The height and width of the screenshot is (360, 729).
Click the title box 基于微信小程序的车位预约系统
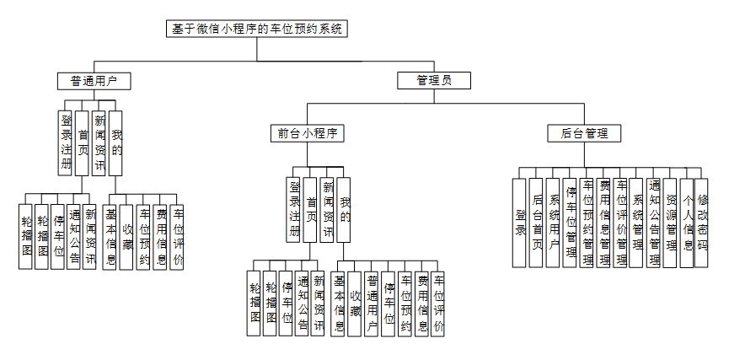tap(257, 29)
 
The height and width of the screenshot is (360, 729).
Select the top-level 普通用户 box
tap(94, 81)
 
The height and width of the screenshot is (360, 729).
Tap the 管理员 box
tap(433, 81)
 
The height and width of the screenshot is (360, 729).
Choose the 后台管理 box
tap(584, 133)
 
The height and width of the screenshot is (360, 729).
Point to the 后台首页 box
tap(537, 223)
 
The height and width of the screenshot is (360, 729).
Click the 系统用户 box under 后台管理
tap(554, 223)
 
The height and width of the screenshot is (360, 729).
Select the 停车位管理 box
tap(571, 223)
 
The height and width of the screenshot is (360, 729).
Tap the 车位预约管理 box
tap(587, 223)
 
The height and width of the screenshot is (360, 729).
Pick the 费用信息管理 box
tap(603, 223)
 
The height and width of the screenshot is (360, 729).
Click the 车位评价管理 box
tap(620, 223)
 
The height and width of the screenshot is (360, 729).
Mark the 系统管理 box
tap(637, 223)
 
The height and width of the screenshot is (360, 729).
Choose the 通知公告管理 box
tap(654, 223)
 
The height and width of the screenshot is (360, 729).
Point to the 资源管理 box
tap(671, 223)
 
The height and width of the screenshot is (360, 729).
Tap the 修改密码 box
tap(701, 223)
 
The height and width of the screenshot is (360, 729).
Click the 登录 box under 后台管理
tap(521, 223)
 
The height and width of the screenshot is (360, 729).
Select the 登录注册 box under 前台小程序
tap(294, 209)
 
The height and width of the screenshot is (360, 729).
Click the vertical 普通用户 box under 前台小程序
tap(372, 304)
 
